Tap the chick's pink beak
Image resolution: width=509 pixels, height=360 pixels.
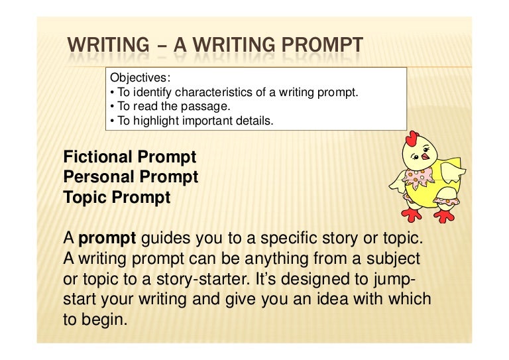coord(426,157)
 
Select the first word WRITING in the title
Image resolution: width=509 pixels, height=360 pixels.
coord(109,47)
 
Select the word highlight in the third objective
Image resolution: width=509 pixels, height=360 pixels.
coord(148,121)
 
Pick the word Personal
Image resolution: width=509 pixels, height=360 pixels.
coord(98,177)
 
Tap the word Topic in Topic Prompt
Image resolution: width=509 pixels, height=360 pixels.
coord(85,198)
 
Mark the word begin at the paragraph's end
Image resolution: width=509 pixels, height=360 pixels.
coord(104,320)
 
